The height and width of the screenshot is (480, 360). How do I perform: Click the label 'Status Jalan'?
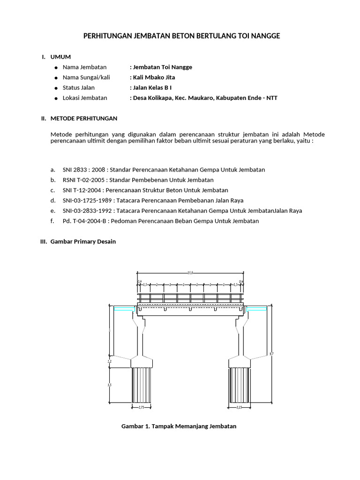tap(79, 88)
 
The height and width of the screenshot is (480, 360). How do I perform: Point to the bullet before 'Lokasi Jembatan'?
tap(55, 98)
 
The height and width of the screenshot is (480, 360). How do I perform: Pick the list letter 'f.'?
tap(52, 221)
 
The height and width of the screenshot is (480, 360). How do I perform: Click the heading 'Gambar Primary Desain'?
tap(82, 241)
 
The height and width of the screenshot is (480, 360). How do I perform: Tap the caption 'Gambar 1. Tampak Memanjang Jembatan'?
tap(179, 426)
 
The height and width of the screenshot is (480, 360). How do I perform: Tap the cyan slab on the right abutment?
tap(257, 308)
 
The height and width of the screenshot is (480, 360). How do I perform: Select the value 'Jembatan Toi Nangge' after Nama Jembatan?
tap(161, 67)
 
